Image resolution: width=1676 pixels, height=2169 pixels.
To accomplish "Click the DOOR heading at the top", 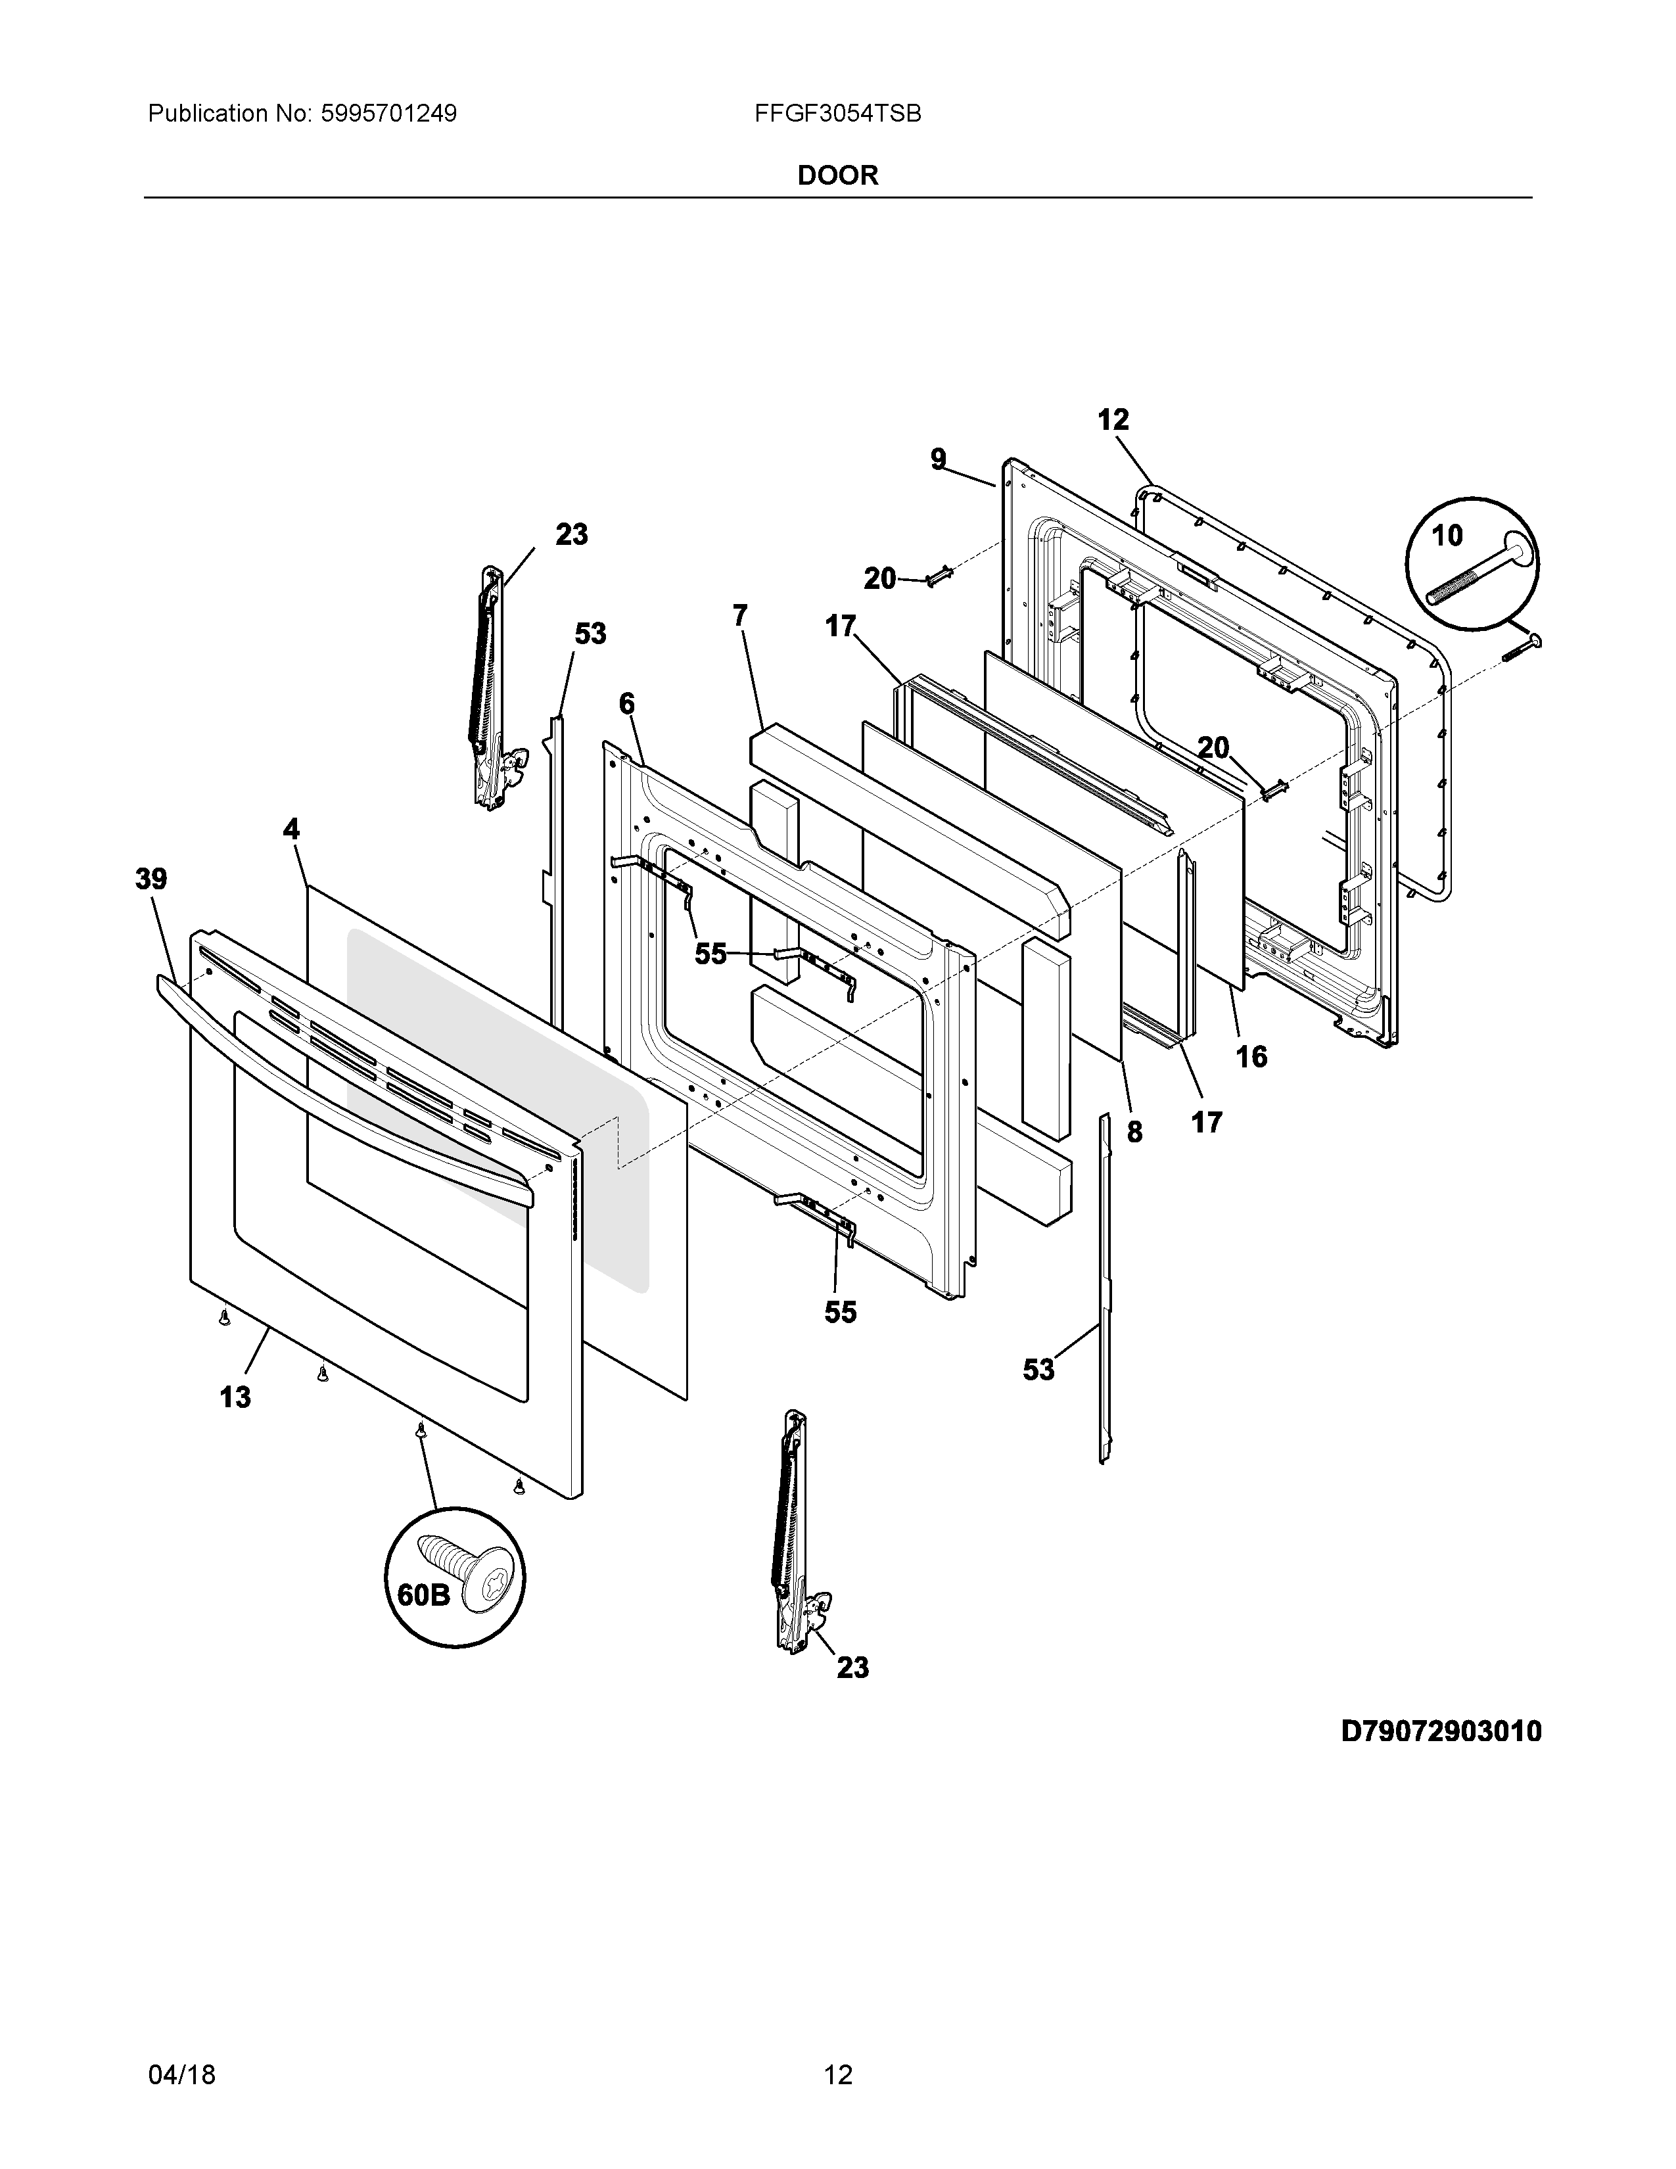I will pos(838,175).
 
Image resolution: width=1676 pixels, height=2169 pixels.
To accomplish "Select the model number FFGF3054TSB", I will pos(837,114).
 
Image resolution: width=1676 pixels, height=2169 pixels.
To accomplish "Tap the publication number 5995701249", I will pos(388,114).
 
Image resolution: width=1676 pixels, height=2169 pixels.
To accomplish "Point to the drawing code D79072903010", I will pos(1441,1732).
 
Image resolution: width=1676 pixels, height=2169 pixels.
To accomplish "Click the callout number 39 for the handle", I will pos(151,879).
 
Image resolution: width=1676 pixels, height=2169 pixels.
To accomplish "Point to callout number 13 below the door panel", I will pos(235,1397).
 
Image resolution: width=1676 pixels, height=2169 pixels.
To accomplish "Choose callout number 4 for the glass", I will pos(291,829).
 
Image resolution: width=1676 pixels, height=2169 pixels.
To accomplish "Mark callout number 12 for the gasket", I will pos(1113,420).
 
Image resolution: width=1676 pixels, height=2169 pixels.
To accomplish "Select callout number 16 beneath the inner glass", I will pos(1251,1057).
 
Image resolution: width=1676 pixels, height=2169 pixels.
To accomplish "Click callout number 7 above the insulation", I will pos(739,616).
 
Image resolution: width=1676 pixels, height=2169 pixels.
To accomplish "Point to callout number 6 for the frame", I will pos(626,704).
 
